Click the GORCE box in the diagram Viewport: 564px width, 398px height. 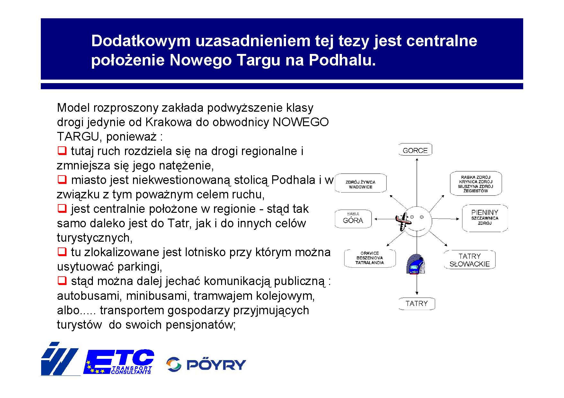[415, 150]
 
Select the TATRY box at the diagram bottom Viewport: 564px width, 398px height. [416, 303]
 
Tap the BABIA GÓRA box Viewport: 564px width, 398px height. [353, 219]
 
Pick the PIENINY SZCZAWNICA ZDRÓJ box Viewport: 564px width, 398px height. [485, 218]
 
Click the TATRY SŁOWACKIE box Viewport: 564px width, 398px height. [470, 260]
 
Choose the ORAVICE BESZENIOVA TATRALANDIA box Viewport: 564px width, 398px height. [370, 258]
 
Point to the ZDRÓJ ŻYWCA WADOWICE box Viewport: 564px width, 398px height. [361, 184]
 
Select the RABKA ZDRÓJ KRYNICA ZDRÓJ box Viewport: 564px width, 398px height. [476, 184]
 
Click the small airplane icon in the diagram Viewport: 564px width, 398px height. [403, 221]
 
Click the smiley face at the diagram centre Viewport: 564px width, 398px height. [417, 221]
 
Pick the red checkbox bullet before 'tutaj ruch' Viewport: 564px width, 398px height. [62, 150]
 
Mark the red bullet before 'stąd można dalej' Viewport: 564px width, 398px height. [62, 280]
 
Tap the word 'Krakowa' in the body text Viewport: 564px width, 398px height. [169, 122]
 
